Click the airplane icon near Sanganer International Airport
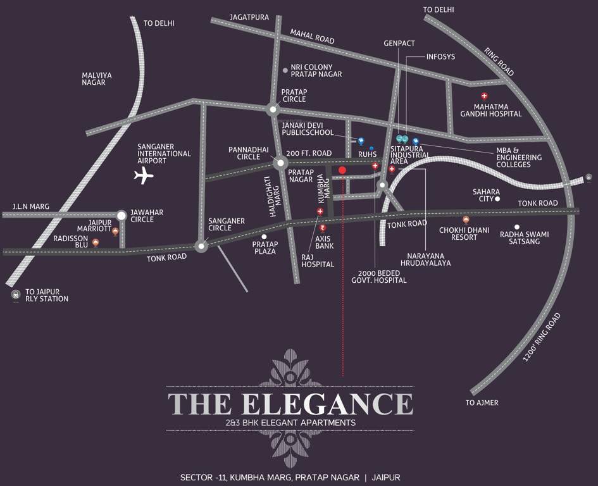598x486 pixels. tap(144, 175)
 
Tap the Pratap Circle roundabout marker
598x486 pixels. tap(273, 109)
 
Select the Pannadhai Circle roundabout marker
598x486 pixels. tap(280, 163)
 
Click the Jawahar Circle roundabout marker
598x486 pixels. tap(121, 216)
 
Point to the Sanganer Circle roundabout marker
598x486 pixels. tap(201, 247)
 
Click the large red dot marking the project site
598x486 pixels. tap(342, 170)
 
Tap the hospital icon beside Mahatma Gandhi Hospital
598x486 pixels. tap(484, 96)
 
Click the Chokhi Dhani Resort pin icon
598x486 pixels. tap(466, 220)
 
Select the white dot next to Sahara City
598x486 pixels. tap(497, 199)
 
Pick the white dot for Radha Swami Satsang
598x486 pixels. tap(517, 227)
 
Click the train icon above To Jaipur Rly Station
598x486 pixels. tap(15, 294)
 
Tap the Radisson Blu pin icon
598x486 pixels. tap(96, 242)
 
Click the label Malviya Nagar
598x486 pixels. tap(97, 78)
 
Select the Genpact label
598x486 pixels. tap(399, 44)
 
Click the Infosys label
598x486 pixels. tap(440, 56)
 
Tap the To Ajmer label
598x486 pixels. tap(482, 402)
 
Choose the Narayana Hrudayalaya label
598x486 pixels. tap(425, 259)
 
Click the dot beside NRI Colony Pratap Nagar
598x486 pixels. tap(285, 70)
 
